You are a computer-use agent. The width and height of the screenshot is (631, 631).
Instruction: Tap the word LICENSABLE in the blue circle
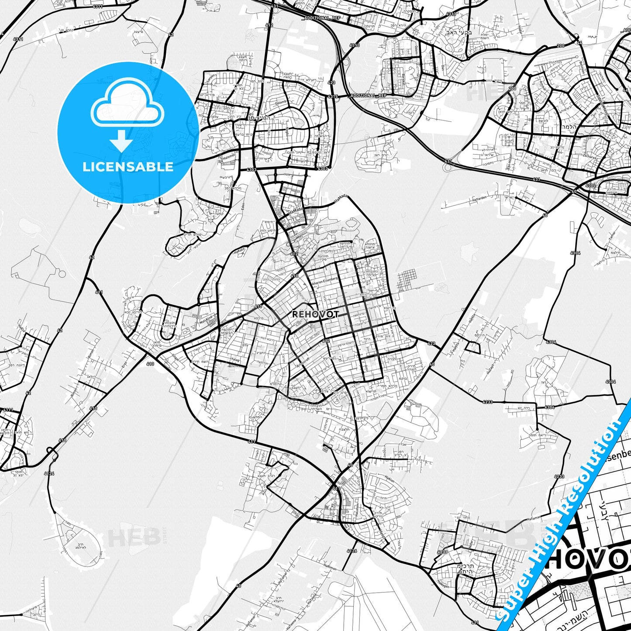tap(128, 167)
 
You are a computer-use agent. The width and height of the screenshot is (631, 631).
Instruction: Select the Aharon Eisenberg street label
tap(324, 285)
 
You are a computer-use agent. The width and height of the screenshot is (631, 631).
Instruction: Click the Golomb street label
tap(280, 102)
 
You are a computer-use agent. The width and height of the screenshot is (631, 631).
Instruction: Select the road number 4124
tap(49, 473)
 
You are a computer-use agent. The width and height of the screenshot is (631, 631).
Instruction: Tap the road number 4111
tap(7, 410)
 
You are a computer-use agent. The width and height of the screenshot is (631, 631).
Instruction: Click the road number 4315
tap(333, 96)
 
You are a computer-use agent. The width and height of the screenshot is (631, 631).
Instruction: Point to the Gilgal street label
tap(176, 358)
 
